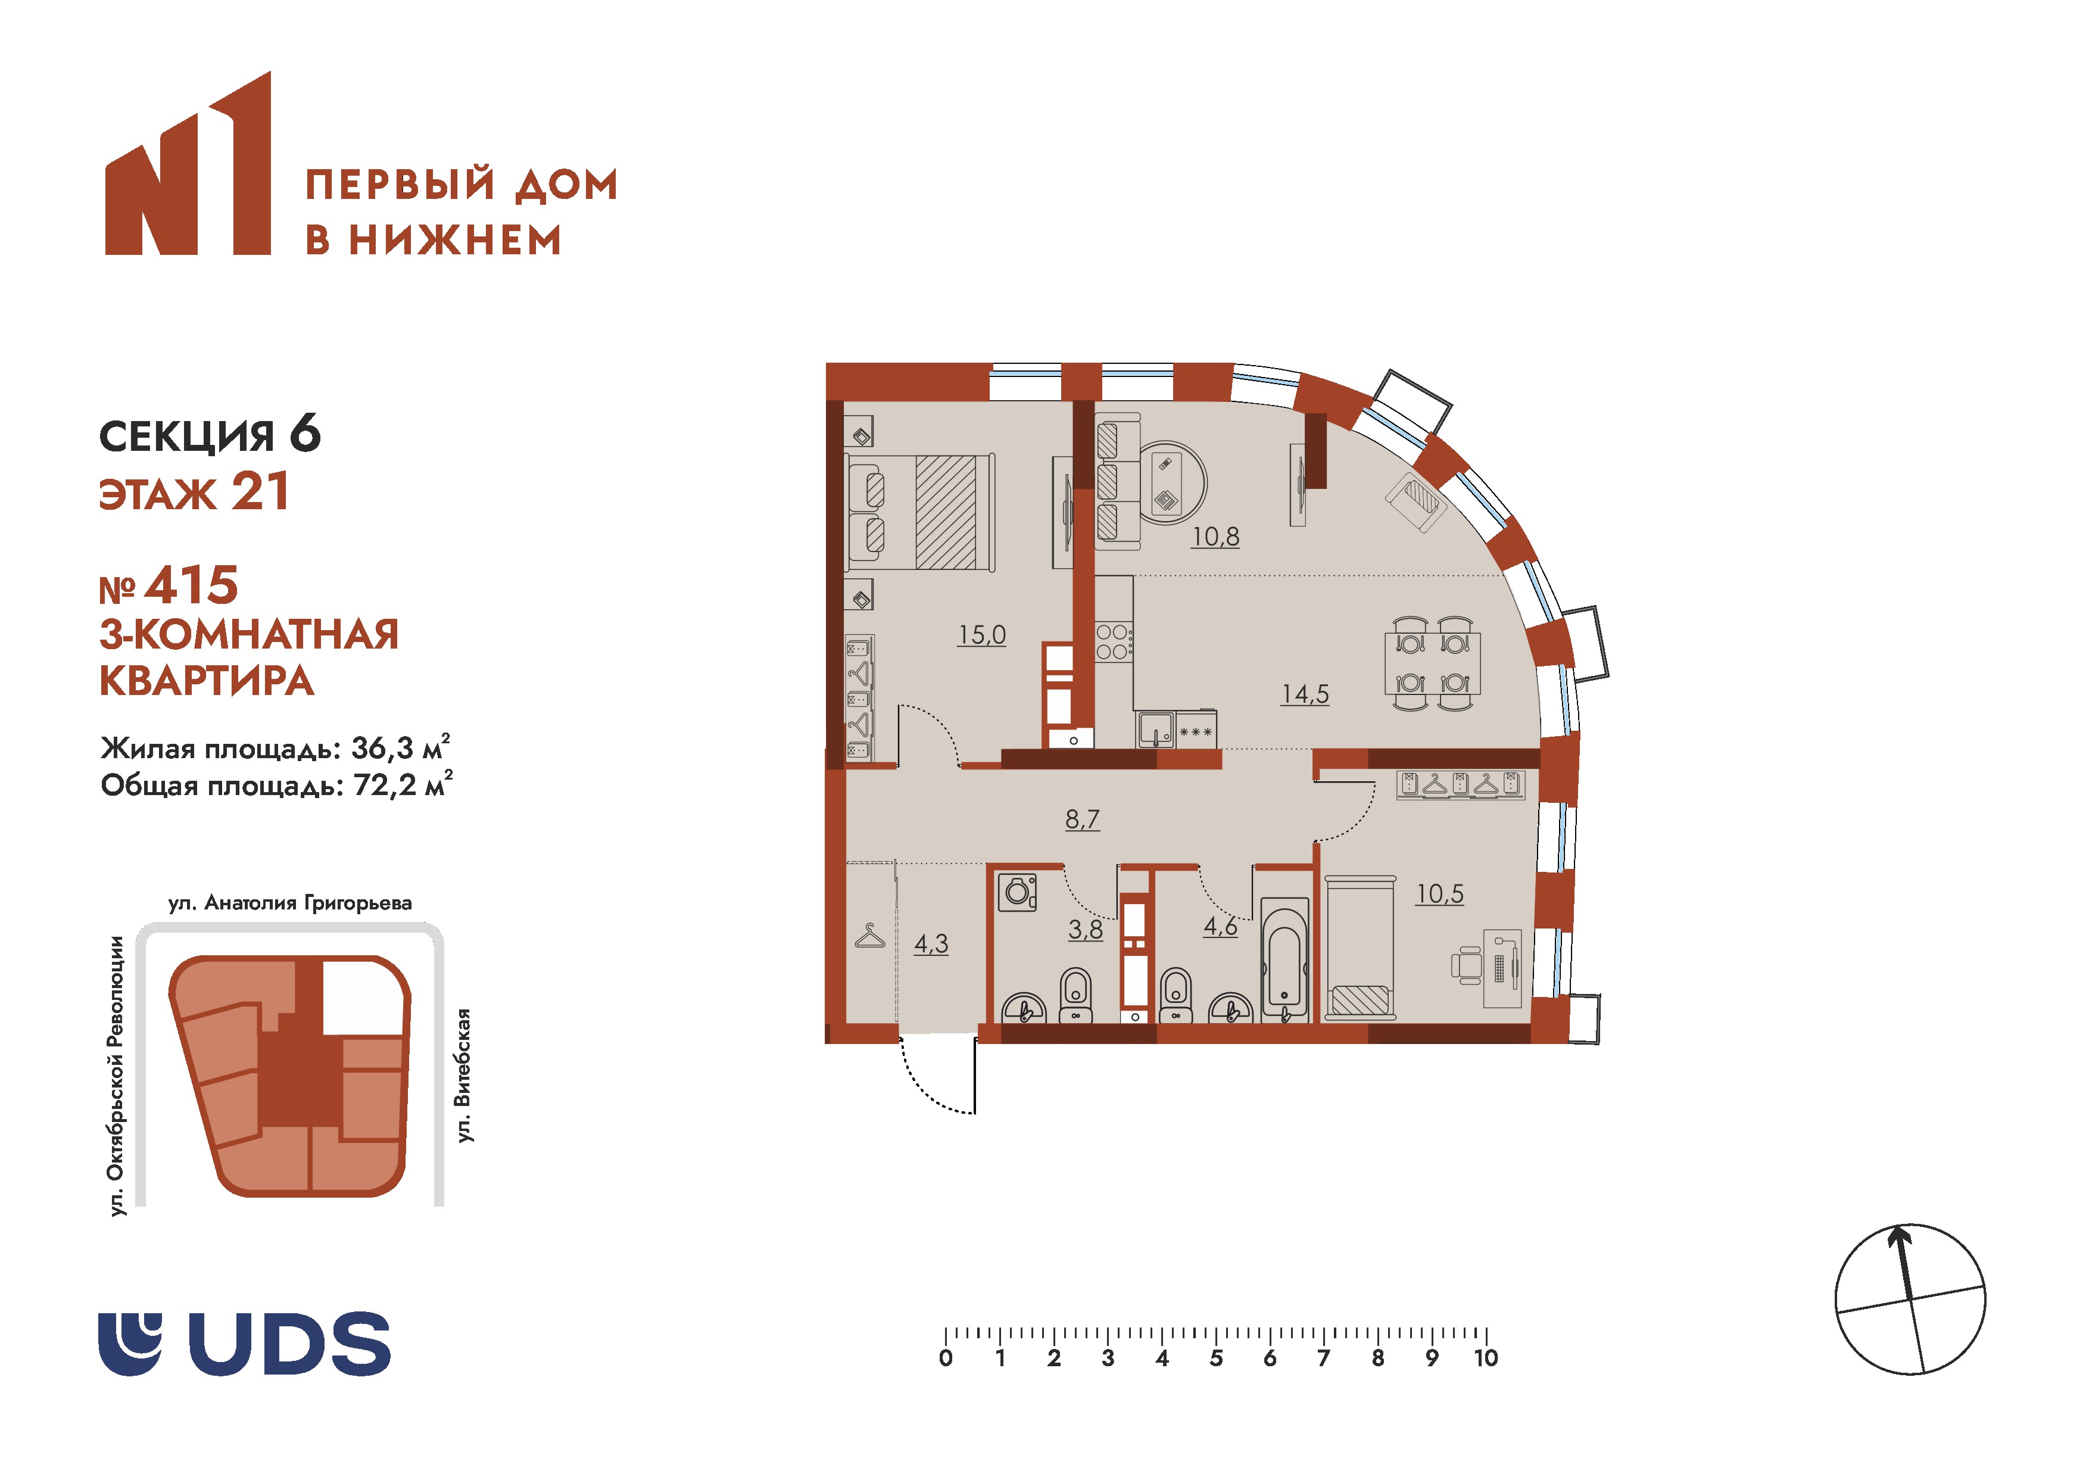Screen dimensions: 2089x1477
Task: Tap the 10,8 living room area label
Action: pyautogui.click(x=1215, y=537)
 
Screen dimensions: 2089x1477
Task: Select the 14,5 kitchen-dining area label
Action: pyautogui.click(x=1305, y=694)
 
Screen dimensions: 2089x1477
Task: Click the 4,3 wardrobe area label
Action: pyautogui.click(x=931, y=944)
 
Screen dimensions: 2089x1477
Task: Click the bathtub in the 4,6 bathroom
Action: pyautogui.click(x=1284, y=959)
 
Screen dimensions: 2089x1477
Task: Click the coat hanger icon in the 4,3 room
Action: pyautogui.click(x=871, y=936)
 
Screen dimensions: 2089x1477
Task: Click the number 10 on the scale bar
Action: pyautogui.click(x=1486, y=1358)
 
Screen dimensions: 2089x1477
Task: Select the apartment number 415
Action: pyautogui.click(x=191, y=585)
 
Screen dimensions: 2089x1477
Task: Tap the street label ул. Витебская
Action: pyautogui.click(x=464, y=1075)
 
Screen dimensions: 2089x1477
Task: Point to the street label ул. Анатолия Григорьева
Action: pyautogui.click(x=290, y=903)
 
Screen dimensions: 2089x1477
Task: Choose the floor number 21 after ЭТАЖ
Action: pyautogui.click(x=260, y=491)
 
